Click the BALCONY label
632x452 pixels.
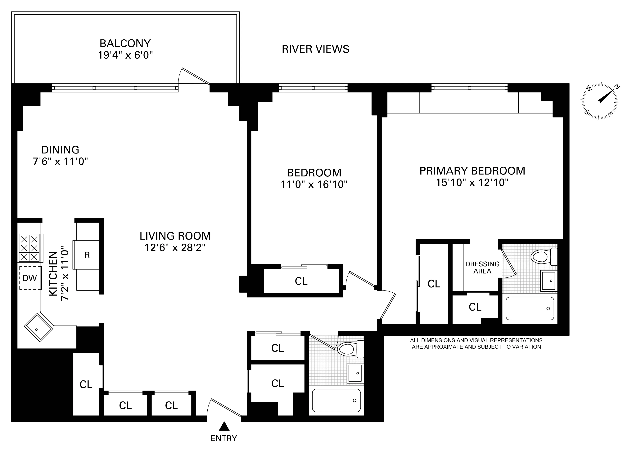(125, 43)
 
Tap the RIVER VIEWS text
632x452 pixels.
(315, 49)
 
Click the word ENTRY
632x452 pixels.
(224, 438)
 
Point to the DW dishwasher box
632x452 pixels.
(30, 278)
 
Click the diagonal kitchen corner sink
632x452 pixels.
(38, 328)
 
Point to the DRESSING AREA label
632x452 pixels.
(482, 268)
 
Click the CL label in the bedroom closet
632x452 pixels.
(301, 281)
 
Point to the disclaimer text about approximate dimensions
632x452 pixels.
(476, 343)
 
